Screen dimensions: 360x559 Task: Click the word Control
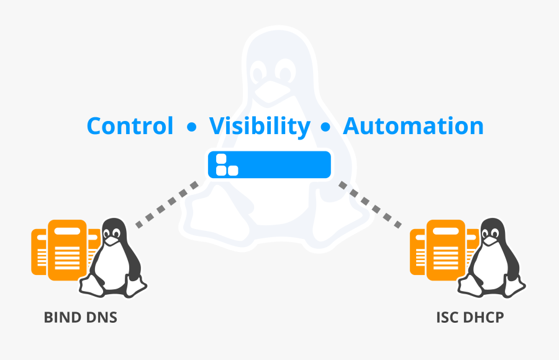tap(130, 126)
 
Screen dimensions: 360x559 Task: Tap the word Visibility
tap(259, 126)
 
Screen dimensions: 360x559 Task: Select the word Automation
tap(413, 126)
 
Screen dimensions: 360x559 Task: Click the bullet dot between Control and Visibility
tap(191, 128)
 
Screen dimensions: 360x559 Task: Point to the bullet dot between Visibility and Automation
tap(325, 128)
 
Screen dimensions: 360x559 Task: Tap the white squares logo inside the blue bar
tap(225, 164)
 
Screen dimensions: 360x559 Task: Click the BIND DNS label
tap(81, 318)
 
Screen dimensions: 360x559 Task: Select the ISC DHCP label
tap(470, 318)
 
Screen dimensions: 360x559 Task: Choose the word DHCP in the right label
tap(484, 318)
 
